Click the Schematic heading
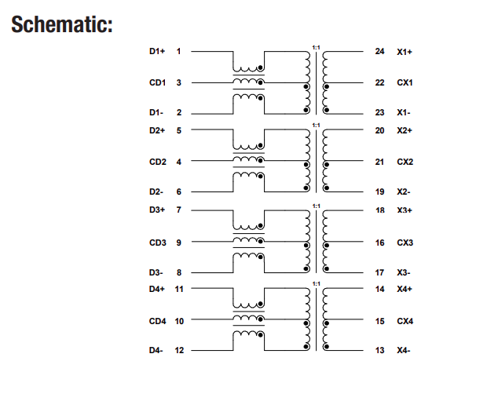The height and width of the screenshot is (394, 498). [x=63, y=24]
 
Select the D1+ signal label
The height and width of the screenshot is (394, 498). [x=157, y=52]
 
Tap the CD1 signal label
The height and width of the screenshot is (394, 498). [x=157, y=82]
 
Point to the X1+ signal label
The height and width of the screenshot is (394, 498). [x=405, y=52]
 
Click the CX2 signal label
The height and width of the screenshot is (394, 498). [x=405, y=162]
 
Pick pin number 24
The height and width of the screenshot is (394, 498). [x=380, y=52]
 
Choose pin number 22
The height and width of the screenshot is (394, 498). [x=380, y=82]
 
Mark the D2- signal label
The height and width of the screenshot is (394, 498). [x=156, y=192]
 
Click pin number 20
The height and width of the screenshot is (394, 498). [x=380, y=130]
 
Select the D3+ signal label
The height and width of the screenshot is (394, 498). [x=157, y=210]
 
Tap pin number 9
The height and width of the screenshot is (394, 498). [x=179, y=243]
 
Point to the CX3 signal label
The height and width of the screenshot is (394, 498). [x=405, y=243]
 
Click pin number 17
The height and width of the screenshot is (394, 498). [x=380, y=273]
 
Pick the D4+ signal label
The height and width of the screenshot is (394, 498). [x=157, y=290]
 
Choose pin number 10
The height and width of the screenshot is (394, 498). [x=179, y=321]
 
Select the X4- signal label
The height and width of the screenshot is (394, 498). [x=404, y=350]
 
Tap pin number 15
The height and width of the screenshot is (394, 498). [x=380, y=321]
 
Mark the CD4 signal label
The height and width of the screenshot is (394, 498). [x=157, y=321]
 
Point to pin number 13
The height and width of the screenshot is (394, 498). [x=380, y=350]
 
